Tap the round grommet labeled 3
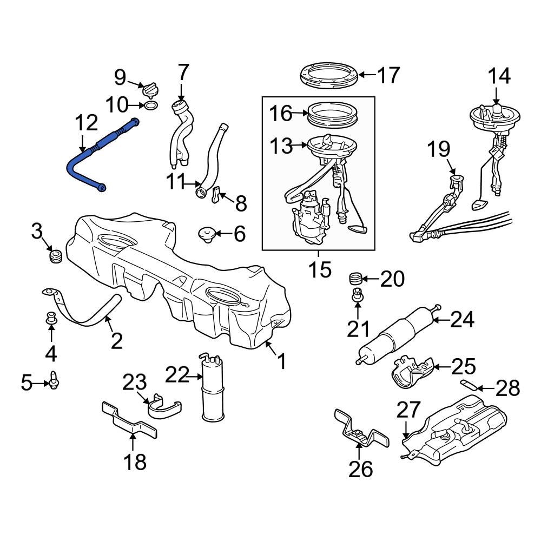[55, 255]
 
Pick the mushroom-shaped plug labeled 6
[207, 235]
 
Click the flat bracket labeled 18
[129, 419]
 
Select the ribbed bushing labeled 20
[355, 279]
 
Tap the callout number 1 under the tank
[281, 361]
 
